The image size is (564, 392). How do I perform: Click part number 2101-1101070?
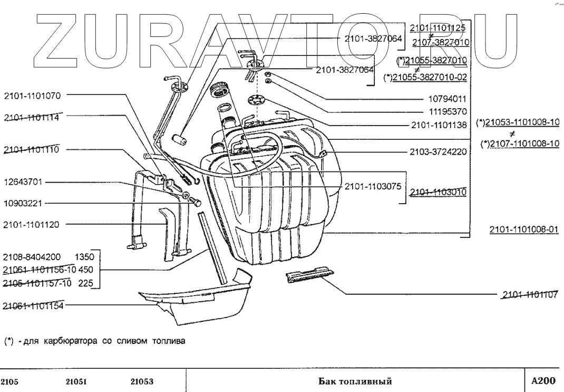tap(32, 96)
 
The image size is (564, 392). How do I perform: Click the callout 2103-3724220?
tap(438, 151)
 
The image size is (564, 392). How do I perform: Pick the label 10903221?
tap(25, 203)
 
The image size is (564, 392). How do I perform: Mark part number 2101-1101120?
tap(32, 225)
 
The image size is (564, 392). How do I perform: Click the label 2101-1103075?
tap(373, 186)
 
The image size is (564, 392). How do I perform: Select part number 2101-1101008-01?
tap(523, 230)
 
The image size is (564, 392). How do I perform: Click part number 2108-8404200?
tap(32, 258)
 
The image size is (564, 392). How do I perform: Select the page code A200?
tap(543, 380)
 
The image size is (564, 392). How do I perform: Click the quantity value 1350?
tap(84, 258)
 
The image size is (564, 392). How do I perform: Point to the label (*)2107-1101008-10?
tap(520, 144)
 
